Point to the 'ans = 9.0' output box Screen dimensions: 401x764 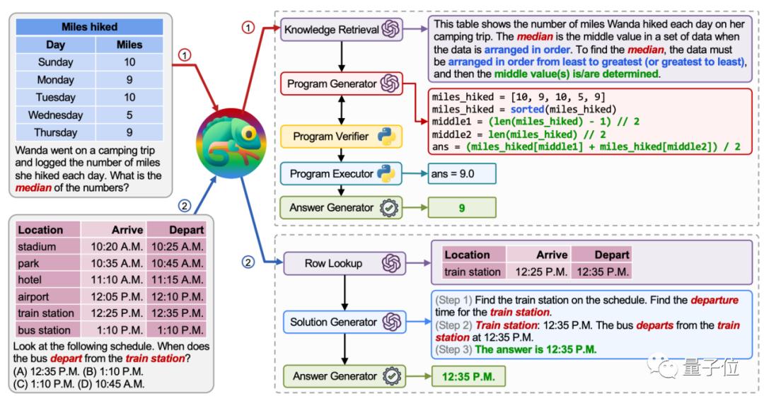click(461, 173)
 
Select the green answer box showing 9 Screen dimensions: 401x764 click(461, 208)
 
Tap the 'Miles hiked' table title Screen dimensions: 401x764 click(90, 27)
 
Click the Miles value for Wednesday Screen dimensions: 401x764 click(129, 115)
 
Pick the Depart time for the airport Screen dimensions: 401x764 click(177, 296)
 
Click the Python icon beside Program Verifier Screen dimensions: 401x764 click(385, 136)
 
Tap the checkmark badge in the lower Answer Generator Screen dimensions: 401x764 click(390, 376)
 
